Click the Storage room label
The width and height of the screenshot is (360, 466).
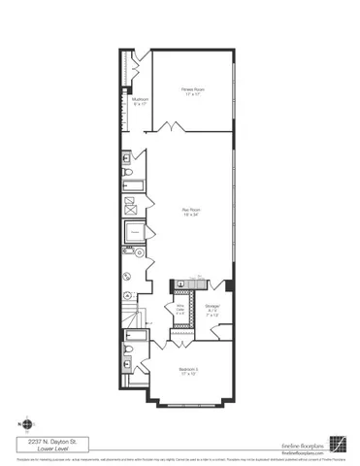coord(213,311)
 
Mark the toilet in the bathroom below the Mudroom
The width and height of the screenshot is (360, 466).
coord(129,174)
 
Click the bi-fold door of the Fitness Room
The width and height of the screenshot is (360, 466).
coord(172,126)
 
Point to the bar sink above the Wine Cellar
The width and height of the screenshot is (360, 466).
coord(181,284)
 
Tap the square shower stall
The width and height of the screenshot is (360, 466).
coord(129,205)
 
